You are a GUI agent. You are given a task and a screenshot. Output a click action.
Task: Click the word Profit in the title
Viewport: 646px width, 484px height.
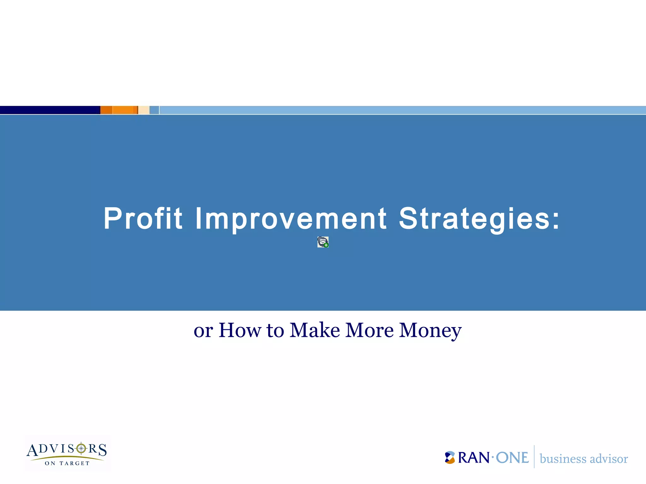point(143,218)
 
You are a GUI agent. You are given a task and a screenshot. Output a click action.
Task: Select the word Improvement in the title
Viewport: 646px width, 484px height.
point(291,218)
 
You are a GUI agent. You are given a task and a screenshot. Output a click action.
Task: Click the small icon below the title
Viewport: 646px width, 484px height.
point(323,242)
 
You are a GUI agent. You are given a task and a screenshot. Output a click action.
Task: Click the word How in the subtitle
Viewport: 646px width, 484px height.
point(239,330)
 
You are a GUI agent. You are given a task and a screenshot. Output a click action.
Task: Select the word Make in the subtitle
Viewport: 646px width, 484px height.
point(314,330)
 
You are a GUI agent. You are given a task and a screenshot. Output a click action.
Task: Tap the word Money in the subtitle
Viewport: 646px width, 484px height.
point(430,331)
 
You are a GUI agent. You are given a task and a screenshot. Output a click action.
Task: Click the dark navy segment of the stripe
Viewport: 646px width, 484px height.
point(50,110)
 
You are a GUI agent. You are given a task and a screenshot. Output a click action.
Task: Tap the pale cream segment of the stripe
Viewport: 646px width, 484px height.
point(144,110)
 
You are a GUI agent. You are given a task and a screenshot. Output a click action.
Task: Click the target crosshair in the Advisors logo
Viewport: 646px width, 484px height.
point(81,448)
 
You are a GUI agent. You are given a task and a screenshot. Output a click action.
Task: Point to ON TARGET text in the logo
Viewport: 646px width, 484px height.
point(67,463)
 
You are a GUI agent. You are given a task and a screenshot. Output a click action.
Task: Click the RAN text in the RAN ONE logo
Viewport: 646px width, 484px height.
point(473,458)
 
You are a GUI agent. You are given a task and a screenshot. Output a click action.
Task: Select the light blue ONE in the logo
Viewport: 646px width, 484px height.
point(512,458)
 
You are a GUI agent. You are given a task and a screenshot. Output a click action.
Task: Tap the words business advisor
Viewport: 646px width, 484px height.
point(584,459)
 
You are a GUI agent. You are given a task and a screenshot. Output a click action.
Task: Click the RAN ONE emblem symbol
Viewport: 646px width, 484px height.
point(450,458)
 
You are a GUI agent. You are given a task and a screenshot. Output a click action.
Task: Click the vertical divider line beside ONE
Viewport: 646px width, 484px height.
point(534,457)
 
